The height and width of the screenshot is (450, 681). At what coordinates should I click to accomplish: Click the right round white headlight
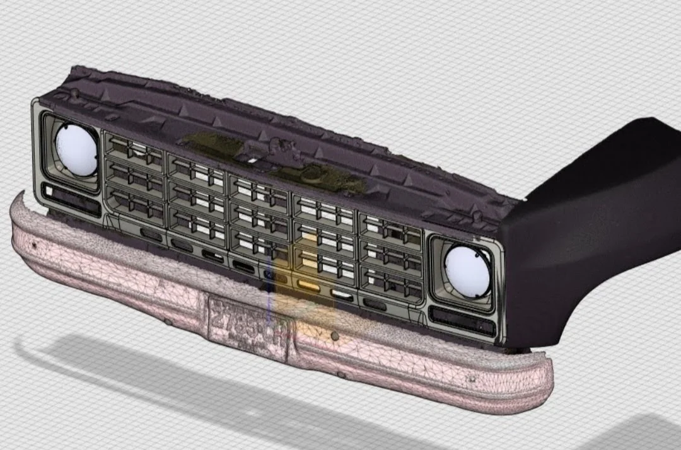click(468, 269)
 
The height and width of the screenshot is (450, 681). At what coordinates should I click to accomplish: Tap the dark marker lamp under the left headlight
click(69, 196)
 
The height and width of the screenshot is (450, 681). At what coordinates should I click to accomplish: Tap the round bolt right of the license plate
click(335, 337)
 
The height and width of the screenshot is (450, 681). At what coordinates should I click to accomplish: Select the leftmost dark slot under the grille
click(151, 233)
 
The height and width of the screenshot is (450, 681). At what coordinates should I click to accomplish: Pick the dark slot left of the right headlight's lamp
click(375, 304)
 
